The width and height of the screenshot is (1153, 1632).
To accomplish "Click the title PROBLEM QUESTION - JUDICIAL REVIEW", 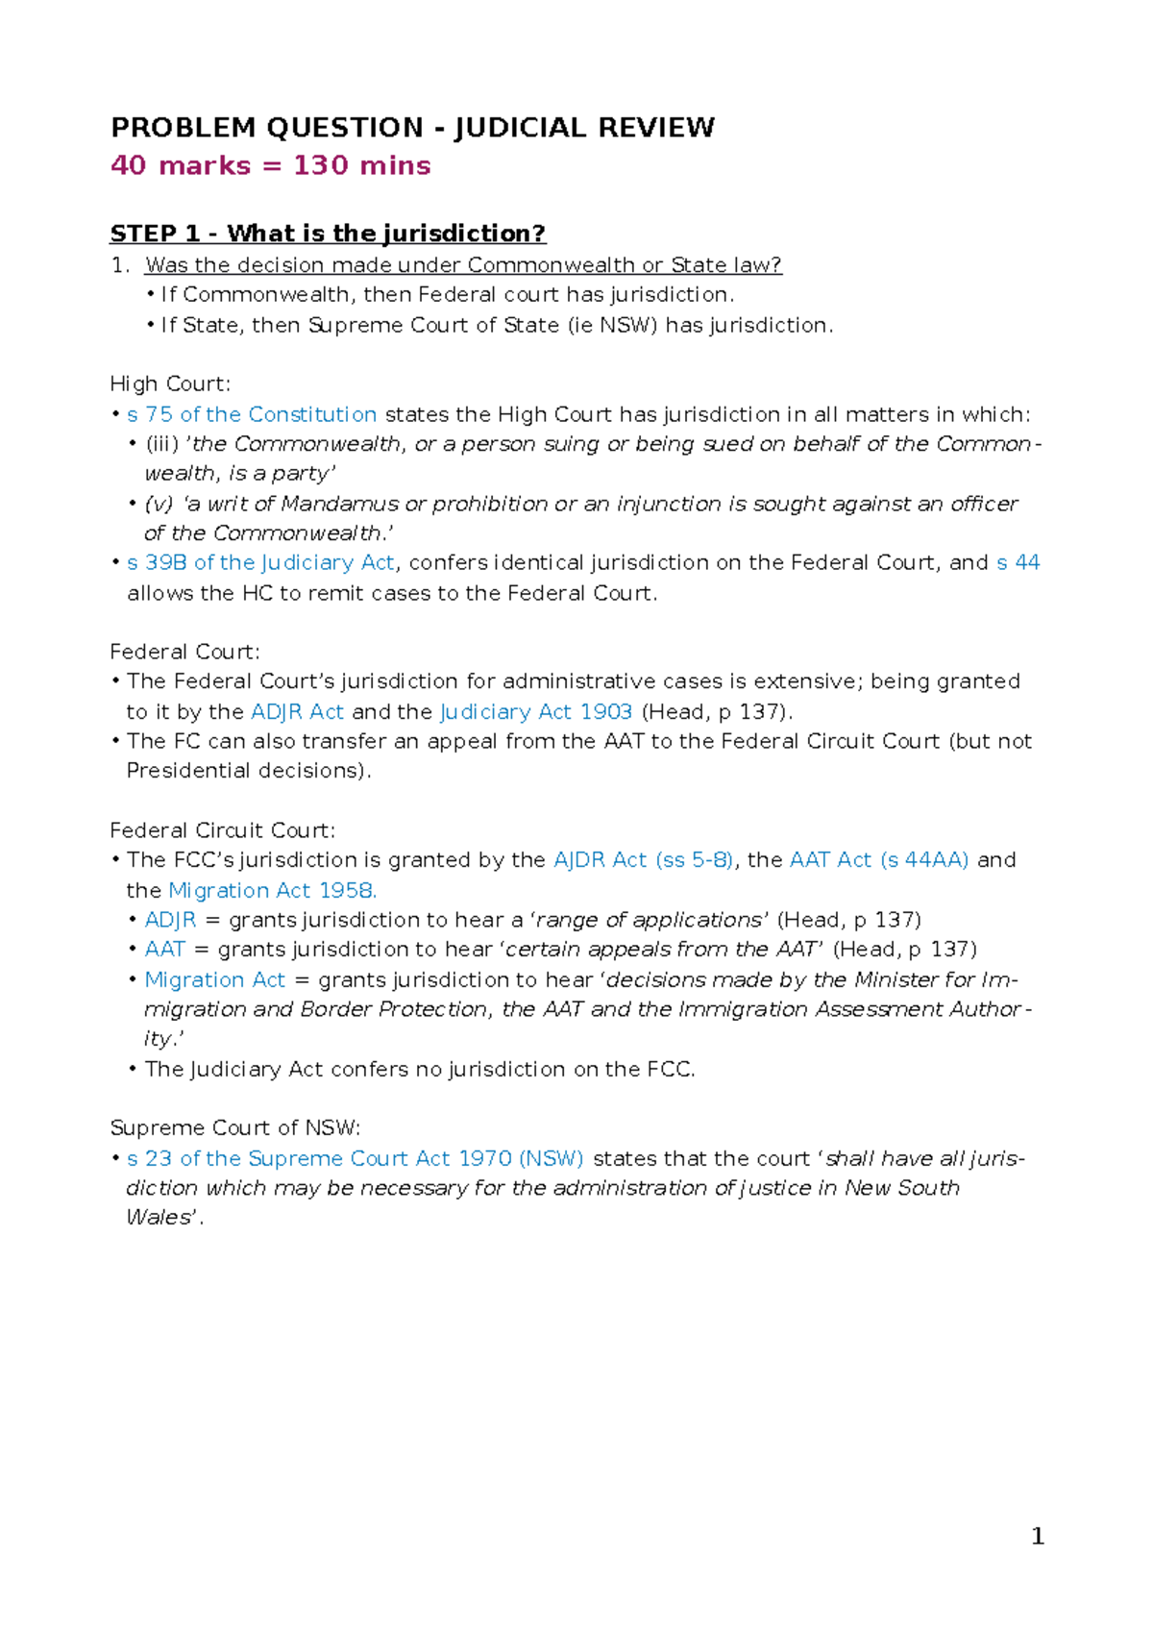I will pyautogui.click(x=412, y=128).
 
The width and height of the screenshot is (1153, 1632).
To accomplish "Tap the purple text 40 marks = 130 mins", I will pyautogui.click(x=270, y=165).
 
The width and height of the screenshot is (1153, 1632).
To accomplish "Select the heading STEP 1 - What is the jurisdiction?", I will pyautogui.click(x=328, y=234).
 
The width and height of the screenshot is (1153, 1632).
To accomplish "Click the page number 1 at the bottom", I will pyautogui.click(x=1037, y=1537).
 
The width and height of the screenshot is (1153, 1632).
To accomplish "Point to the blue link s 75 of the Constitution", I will pyautogui.click(x=252, y=414).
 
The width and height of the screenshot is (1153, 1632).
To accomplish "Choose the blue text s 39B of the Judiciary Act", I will pyautogui.click(x=260, y=562).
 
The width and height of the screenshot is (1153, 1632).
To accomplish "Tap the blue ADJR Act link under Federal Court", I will pyautogui.click(x=297, y=711).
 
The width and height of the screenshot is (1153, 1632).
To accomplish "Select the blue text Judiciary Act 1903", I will pyautogui.click(x=536, y=711).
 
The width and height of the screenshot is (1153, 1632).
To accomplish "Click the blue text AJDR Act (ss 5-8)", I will pyautogui.click(x=643, y=860).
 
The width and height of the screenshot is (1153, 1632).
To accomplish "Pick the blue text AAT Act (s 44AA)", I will pyautogui.click(x=879, y=860).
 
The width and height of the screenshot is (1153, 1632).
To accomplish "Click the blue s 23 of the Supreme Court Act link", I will pyautogui.click(x=356, y=1158).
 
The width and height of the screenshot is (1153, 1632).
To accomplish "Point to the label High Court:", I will pyautogui.click(x=170, y=384).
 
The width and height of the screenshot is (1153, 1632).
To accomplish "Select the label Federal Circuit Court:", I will pyautogui.click(x=222, y=830).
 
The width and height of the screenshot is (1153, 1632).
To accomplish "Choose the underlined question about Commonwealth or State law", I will pyautogui.click(x=463, y=265).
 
